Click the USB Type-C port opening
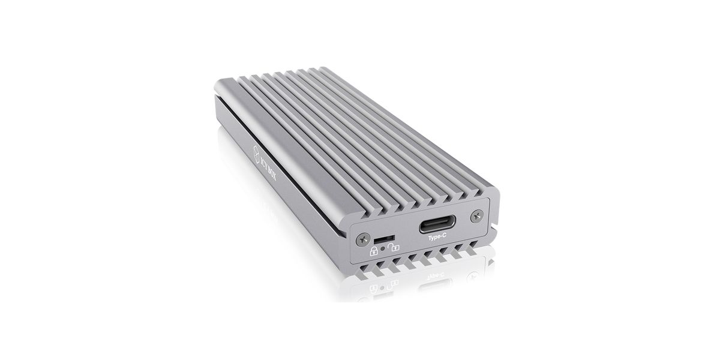click(x=437, y=224)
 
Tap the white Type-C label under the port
click(x=437, y=237)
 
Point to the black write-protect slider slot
click(x=385, y=239)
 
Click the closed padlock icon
click(x=374, y=251)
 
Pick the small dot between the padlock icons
click(x=383, y=248)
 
